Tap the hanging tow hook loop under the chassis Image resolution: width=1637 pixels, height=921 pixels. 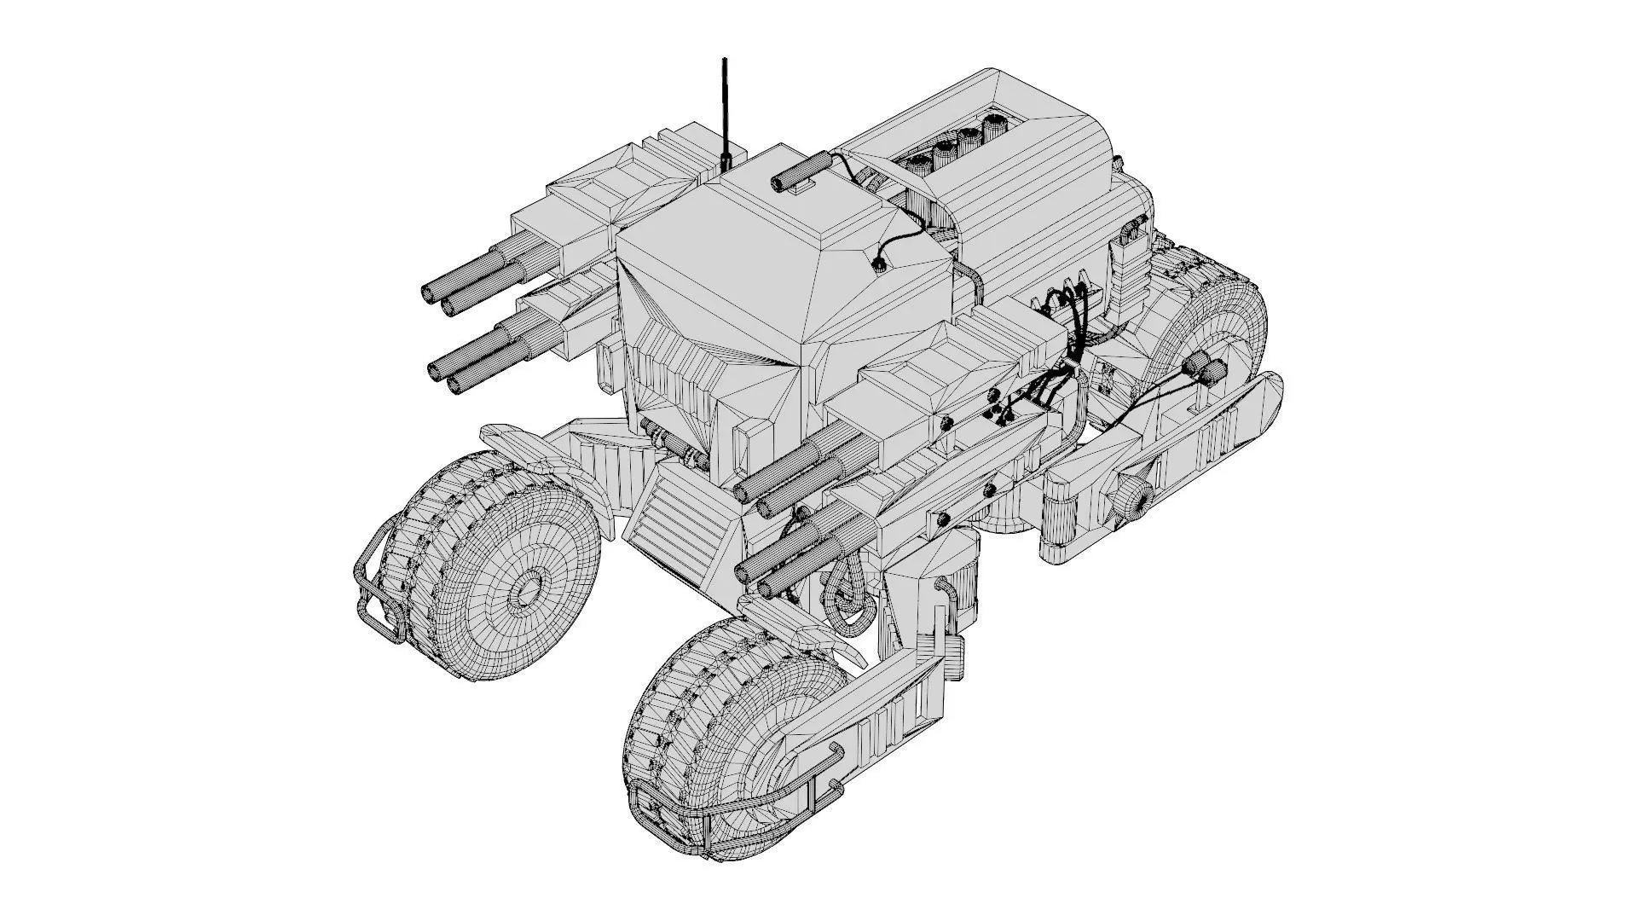point(848,601)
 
